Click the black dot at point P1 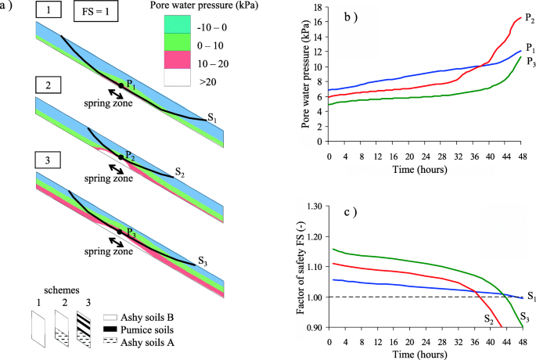pyautogui.click(x=120, y=85)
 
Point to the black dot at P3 pyautogui.click(x=120, y=232)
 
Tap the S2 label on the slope pyautogui.click(x=179, y=171)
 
